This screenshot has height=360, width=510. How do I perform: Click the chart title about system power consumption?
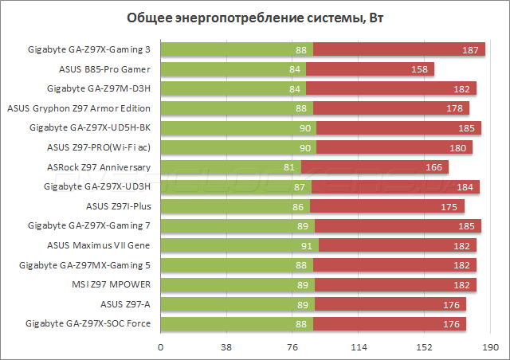coord(254,18)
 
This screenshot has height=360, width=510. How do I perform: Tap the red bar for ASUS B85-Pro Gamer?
coord(371,69)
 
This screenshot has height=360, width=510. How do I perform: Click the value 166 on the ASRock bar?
coord(434,167)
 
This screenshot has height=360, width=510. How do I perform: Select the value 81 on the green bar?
coord(289,167)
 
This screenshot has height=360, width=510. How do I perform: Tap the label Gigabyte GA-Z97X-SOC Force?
coord(88,323)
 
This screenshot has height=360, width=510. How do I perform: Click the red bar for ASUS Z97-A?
coord(390,303)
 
